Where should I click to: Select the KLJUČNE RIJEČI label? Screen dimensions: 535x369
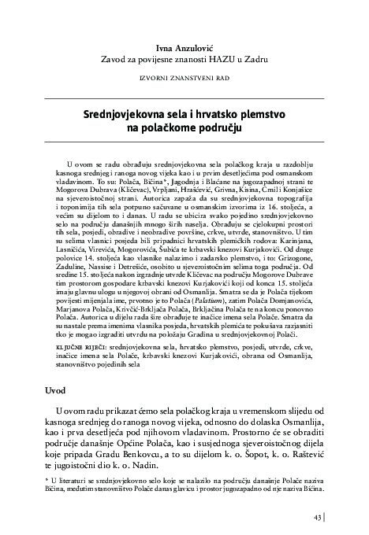[80, 301]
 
